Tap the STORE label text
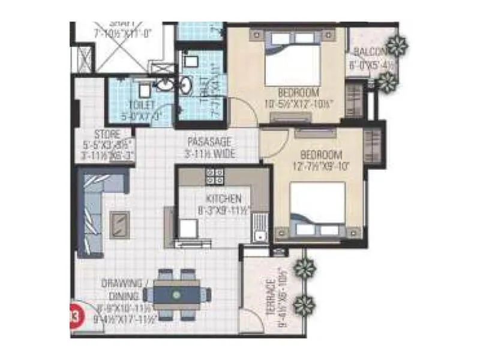(107, 134)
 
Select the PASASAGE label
(209, 143)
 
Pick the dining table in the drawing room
(176, 295)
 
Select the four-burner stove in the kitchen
(214, 176)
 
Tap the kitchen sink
(259, 227)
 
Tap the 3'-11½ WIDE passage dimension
(210, 155)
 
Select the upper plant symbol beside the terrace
(305, 268)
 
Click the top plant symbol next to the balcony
(397, 44)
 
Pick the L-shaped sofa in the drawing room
(96, 204)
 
